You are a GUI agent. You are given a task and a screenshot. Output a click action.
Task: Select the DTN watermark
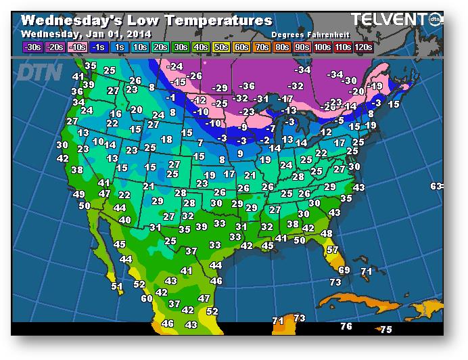[x=39, y=71]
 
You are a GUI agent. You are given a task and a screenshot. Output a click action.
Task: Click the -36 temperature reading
[x=248, y=85]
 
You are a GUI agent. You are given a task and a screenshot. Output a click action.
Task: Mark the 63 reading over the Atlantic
[x=436, y=186]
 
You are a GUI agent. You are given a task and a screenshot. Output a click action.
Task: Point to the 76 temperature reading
[x=346, y=326]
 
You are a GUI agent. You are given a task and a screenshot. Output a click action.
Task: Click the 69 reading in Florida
[x=344, y=269]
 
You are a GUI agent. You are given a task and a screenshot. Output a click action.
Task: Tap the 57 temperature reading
[x=332, y=250]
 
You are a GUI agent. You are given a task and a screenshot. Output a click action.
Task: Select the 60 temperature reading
[x=147, y=298]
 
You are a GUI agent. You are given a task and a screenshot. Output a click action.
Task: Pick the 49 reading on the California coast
[x=80, y=194]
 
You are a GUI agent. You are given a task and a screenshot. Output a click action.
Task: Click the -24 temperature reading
[x=176, y=66]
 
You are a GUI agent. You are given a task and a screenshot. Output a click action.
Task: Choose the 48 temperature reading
[x=327, y=233]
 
